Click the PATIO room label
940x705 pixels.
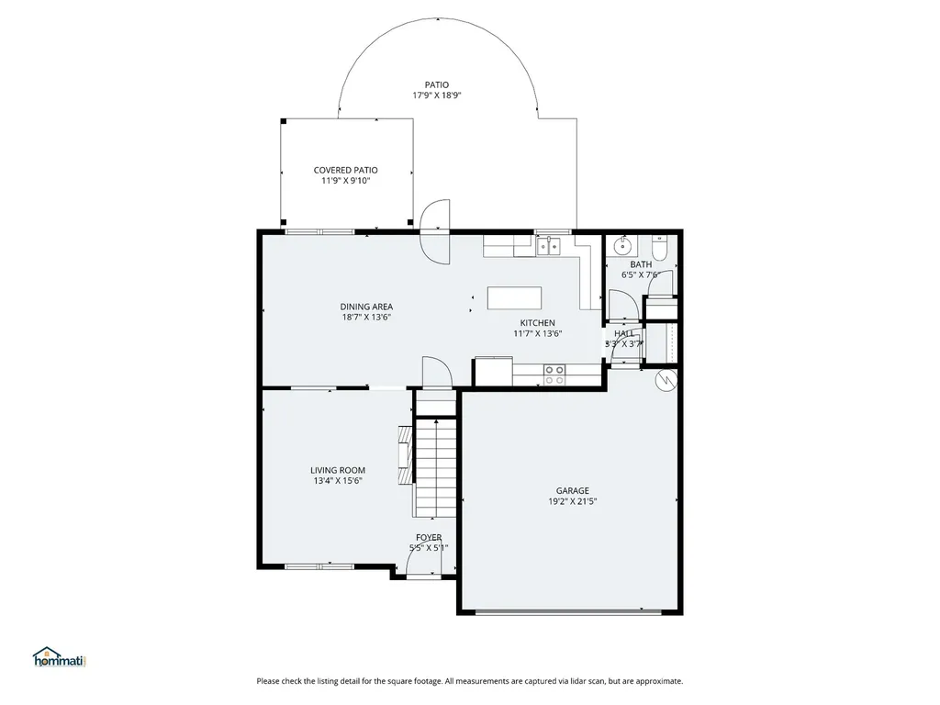tap(436, 85)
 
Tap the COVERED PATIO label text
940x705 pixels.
tap(346, 170)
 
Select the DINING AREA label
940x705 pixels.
tap(366, 307)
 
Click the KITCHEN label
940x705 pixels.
tap(537, 323)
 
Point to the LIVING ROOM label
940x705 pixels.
tap(338, 471)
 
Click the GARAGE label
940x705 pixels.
tap(573, 491)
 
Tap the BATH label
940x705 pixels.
tap(641, 264)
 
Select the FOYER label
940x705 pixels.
tap(429, 538)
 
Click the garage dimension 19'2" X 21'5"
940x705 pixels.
tap(573, 502)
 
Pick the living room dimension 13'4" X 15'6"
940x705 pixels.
tap(338, 481)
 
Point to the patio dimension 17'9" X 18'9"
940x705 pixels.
tap(436, 95)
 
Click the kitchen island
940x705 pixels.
tap(514, 298)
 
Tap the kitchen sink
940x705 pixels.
tap(549, 246)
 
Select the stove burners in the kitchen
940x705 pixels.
tap(554, 375)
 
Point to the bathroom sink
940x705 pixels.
tap(623, 245)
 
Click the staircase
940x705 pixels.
tap(436, 467)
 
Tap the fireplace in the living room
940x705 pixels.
tap(405, 455)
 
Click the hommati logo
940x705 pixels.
tap(60, 657)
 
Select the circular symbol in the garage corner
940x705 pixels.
tap(666, 379)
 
